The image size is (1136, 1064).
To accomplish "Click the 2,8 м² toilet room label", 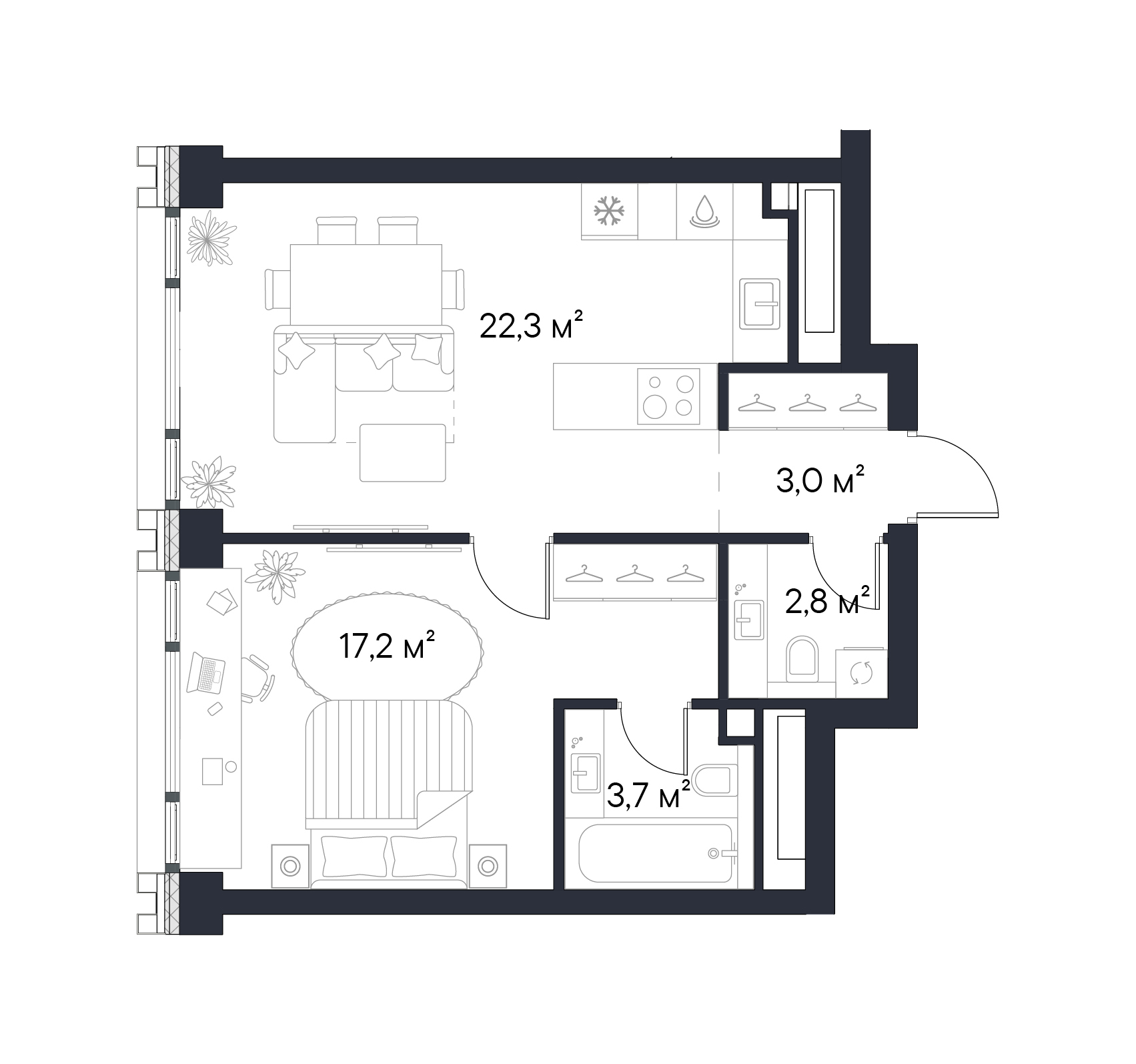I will (827, 602).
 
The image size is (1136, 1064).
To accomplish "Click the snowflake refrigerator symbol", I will (609, 211).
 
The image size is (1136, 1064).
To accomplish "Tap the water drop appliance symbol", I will (704, 211).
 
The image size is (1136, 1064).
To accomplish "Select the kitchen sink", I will (760, 304).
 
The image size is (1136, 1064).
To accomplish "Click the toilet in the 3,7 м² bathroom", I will (715, 780).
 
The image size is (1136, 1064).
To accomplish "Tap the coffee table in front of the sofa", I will (402, 452).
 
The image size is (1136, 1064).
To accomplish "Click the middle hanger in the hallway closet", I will (633, 573).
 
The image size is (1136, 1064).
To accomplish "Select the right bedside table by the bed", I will (488, 866).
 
